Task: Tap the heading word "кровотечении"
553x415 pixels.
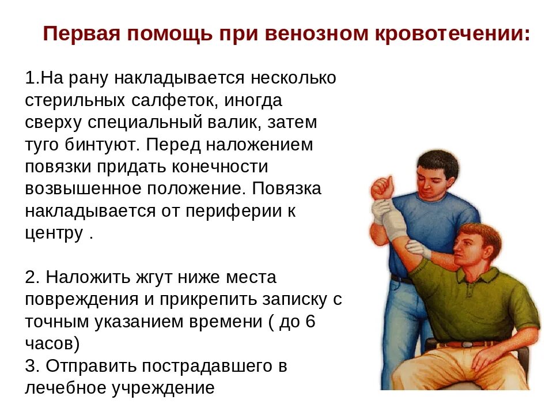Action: tap(453, 34)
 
